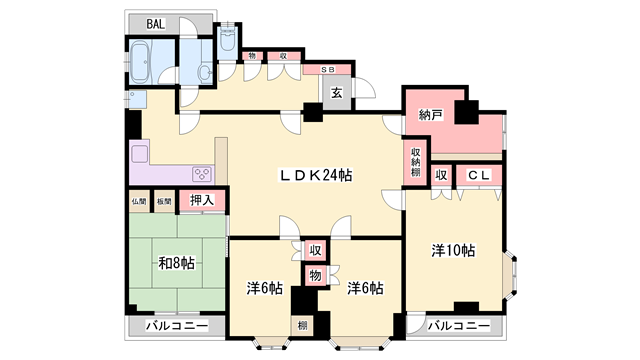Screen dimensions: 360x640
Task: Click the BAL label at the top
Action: click(156, 24)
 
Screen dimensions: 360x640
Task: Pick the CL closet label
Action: click(478, 175)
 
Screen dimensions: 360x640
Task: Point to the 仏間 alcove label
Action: click(138, 201)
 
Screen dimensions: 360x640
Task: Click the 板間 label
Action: click(163, 201)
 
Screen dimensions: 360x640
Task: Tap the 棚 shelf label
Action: click(301, 325)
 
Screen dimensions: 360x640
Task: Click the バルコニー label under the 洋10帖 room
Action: click(459, 327)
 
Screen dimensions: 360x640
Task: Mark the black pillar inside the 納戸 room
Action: click(466, 110)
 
